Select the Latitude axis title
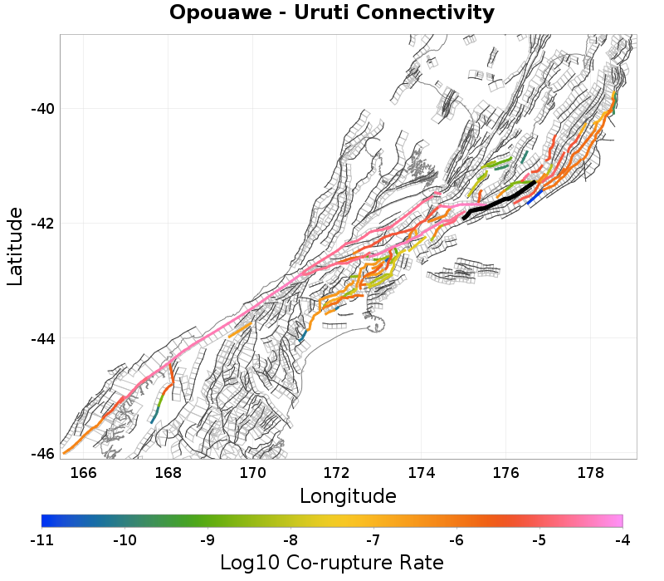tap(15, 247)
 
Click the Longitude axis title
tap(348, 496)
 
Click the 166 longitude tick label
tap(84, 474)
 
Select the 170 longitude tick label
tap(252, 474)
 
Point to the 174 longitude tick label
tap(421, 474)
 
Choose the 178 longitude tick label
tap(589, 474)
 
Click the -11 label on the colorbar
tap(41, 541)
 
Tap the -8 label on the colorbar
tap(290, 541)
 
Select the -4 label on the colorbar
tap(622, 541)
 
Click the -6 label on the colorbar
tap(456, 541)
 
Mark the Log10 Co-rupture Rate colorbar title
tap(332, 563)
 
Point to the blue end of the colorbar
tap(46, 521)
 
